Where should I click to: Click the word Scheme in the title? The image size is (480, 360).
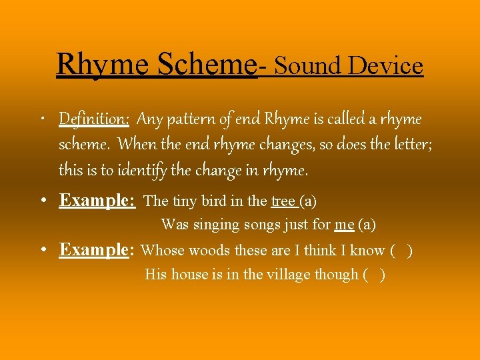[207, 65]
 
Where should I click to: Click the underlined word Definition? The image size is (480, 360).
[94, 119]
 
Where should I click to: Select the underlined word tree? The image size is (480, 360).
[283, 201]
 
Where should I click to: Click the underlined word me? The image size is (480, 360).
[344, 225]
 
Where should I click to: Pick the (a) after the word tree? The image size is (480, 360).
[308, 201]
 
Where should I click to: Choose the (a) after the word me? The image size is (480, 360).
[367, 225]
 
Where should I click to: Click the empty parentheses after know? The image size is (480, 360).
[402, 251]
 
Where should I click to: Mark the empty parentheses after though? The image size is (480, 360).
[374, 275]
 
